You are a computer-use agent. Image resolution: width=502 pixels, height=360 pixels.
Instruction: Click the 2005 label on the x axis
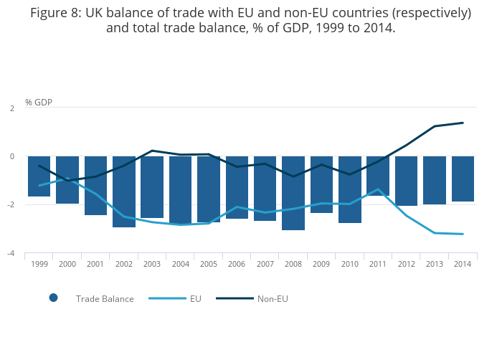point(209,264)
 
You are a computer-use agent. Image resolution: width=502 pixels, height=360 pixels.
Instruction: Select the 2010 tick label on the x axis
point(349,264)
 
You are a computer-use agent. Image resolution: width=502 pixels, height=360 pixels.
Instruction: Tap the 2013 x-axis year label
point(434,264)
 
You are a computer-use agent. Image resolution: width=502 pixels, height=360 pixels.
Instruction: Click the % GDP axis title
point(38,103)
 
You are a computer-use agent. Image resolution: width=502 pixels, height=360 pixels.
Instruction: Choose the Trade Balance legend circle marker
point(53,298)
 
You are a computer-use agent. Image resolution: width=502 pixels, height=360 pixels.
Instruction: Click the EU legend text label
point(196,299)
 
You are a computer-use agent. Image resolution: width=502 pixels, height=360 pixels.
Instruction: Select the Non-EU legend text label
point(273,299)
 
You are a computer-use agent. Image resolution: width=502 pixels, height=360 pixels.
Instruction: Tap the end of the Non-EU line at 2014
point(463,123)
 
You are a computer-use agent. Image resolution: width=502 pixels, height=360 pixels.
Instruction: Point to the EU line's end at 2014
point(463,234)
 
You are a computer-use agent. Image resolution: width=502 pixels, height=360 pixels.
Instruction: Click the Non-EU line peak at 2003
point(152,151)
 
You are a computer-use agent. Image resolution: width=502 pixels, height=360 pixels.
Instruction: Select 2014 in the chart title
point(377,28)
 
